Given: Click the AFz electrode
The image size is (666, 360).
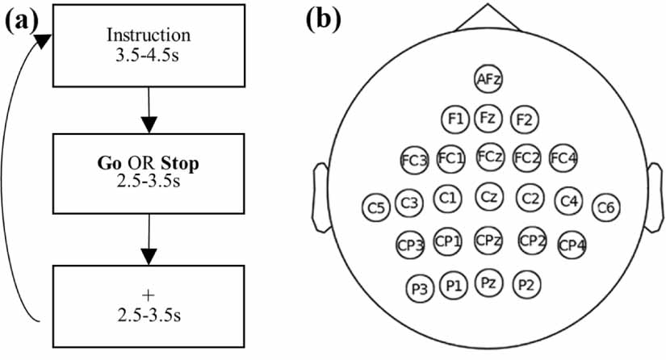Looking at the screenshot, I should pyautogui.click(x=488, y=78).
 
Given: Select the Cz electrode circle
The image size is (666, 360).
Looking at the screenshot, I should pyautogui.click(x=488, y=196).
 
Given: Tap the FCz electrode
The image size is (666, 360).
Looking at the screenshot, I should pyautogui.click(x=491, y=156).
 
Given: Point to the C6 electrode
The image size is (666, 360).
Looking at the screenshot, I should pyautogui.click(x=606, y=208).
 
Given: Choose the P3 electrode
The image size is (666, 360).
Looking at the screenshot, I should pyautogui.click(x=418, y=287).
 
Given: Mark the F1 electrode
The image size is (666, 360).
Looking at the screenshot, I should pyautogui.click(x=455, y=119).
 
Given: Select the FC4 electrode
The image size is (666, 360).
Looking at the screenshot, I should pyautogui.click(x=563, y=158).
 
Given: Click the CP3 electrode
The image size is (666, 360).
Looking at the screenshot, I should pyautogui.click(x=410, y=245).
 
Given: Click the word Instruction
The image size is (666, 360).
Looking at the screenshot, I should pyautogui.click(x=149, y=36).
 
